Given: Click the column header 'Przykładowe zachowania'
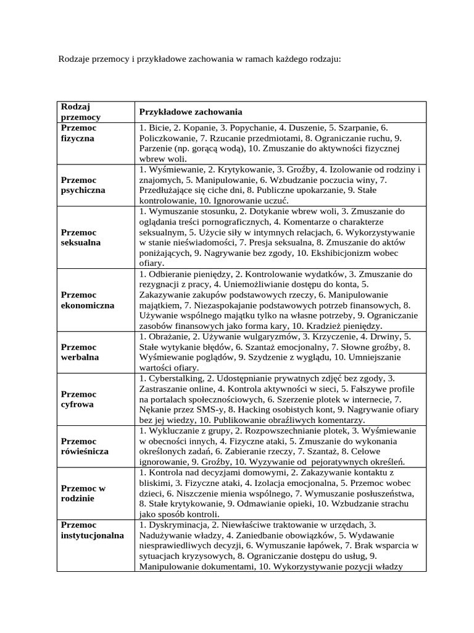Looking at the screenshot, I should point(190,112).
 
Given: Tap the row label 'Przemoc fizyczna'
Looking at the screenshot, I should point(78,133).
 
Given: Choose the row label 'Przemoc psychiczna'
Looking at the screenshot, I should point(83,185).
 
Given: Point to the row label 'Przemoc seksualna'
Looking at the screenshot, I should point(81,237).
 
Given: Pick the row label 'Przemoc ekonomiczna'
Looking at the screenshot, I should point(88,300).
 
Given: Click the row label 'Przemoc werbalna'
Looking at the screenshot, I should point(80,352).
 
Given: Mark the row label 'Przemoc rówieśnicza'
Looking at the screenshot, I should point(85,446).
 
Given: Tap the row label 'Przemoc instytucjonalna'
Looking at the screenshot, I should point(93,530).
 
